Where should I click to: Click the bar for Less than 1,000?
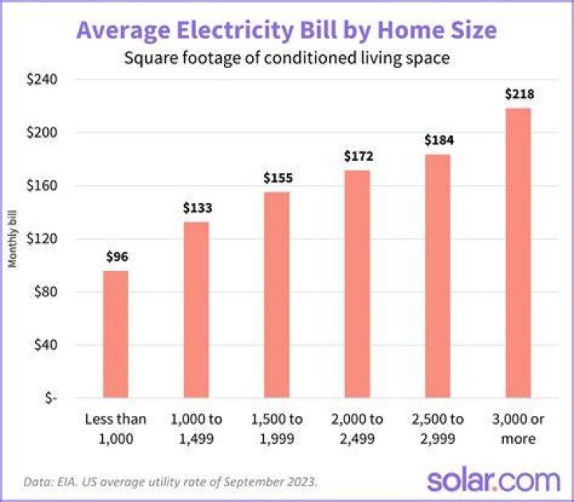coord(116,334)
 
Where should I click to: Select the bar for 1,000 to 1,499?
coord(196,309)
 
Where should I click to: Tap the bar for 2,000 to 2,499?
coord(357,284)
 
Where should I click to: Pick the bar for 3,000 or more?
coord(518,253)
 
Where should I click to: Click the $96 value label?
coord(117,257)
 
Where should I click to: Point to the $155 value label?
coord(278,178)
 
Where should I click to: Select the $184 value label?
coord(439,140)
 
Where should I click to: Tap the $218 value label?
coord(520,94)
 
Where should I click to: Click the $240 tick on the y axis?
coord(41,80)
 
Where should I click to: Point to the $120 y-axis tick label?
coord(41,239)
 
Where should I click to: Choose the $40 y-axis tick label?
coord(45,345)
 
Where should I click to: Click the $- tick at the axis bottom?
coord(51,398)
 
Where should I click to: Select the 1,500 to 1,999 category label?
coord(277,429)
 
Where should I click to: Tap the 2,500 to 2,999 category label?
coord(438,429)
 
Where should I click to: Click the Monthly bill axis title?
coord(13,239)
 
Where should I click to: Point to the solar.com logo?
coord(493,480)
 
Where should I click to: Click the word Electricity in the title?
coord(234,30)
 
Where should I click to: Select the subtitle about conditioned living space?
coord(287,58)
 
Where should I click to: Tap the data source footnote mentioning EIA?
coord(171,482)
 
